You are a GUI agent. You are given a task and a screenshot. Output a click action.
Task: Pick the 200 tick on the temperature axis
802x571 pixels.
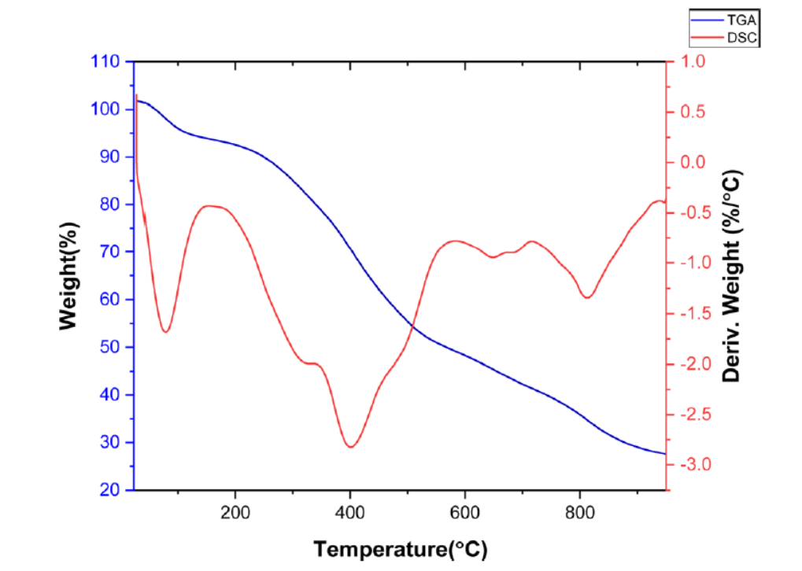point(235,510)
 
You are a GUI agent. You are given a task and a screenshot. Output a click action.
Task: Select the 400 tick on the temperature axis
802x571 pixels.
point(350,510)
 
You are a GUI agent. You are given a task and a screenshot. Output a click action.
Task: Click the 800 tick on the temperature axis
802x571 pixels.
point(580,510)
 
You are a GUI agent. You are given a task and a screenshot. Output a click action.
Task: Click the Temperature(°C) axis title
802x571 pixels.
point(400,548)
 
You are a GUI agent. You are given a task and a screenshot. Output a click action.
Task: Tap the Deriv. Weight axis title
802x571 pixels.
point(732,276)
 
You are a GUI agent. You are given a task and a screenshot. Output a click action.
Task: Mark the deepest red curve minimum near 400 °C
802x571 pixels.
point(350,447)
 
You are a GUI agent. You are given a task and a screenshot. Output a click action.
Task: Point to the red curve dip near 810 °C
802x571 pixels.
point(586,297)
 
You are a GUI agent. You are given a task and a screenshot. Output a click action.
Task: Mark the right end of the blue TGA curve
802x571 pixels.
point(665,454)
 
